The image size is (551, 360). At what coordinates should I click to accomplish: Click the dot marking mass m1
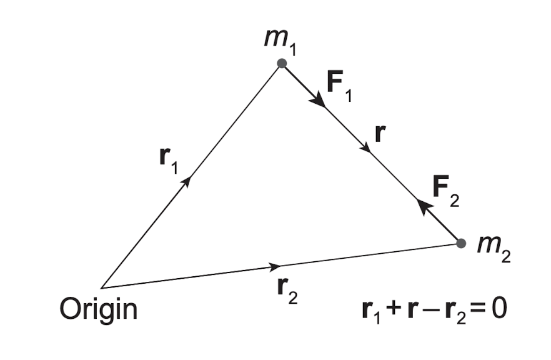point(282,63)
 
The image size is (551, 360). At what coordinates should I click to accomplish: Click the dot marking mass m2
point(461,243)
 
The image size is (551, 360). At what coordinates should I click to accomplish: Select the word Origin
point(98,309)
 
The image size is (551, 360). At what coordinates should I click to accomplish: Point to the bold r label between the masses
point(379,133)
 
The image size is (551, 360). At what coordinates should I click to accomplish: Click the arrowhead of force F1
point(319,101)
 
